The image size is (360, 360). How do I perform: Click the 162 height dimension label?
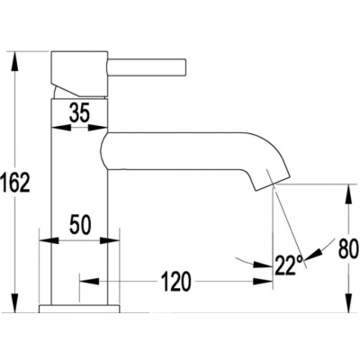pyautogui.click(x=15, y=183)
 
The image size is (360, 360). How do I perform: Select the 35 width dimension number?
pyautogui.click(x=79, y=113)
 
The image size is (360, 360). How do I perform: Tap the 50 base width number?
pyautogui.click(x=80, y=225)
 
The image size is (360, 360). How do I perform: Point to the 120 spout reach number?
pyautogui.click(x=176, y=282)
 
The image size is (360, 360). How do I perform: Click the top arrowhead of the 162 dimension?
pyautogui.click(x=15, y=61)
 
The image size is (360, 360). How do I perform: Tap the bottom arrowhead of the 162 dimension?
pyautogui.click(x=15, y=303)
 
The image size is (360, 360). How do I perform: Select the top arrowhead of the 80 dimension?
pyautogui.click(x=348, y=194)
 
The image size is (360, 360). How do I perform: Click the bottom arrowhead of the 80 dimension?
pyautogui.click(x=348, y=303)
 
